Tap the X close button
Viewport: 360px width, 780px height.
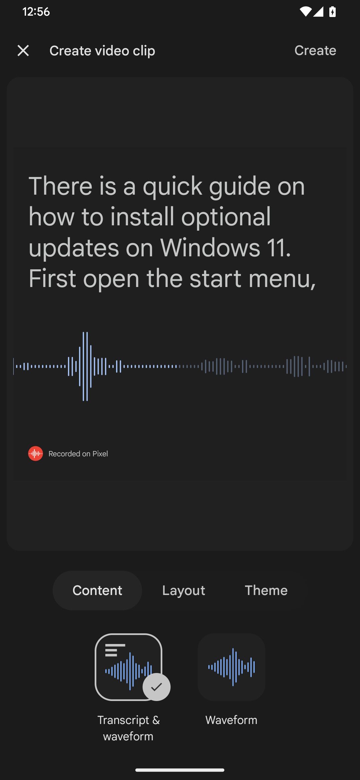pos(23,51)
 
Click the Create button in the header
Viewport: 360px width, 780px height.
pos(315,51)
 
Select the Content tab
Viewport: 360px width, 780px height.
pos(97,590)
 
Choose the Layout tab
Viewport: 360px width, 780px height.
pos(184,590)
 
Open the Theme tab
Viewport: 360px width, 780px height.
pos(266,590)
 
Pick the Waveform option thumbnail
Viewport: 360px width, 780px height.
pos(231,667)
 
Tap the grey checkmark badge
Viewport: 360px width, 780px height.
pos(156,687)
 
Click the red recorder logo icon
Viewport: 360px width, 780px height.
pos(35,454)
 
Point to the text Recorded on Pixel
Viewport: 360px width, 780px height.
pos(78,454)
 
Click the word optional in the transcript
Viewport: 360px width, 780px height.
pos(226,217)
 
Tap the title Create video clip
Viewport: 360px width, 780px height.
pos(102,51)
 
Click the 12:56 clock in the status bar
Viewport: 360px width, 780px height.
pos(36,12)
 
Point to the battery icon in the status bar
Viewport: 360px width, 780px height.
pos(332,12)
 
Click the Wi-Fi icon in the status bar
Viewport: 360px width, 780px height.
pos(305,12)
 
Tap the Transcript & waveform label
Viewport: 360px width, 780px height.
pos(128,728)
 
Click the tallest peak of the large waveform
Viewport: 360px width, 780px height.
pos(85,366)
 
